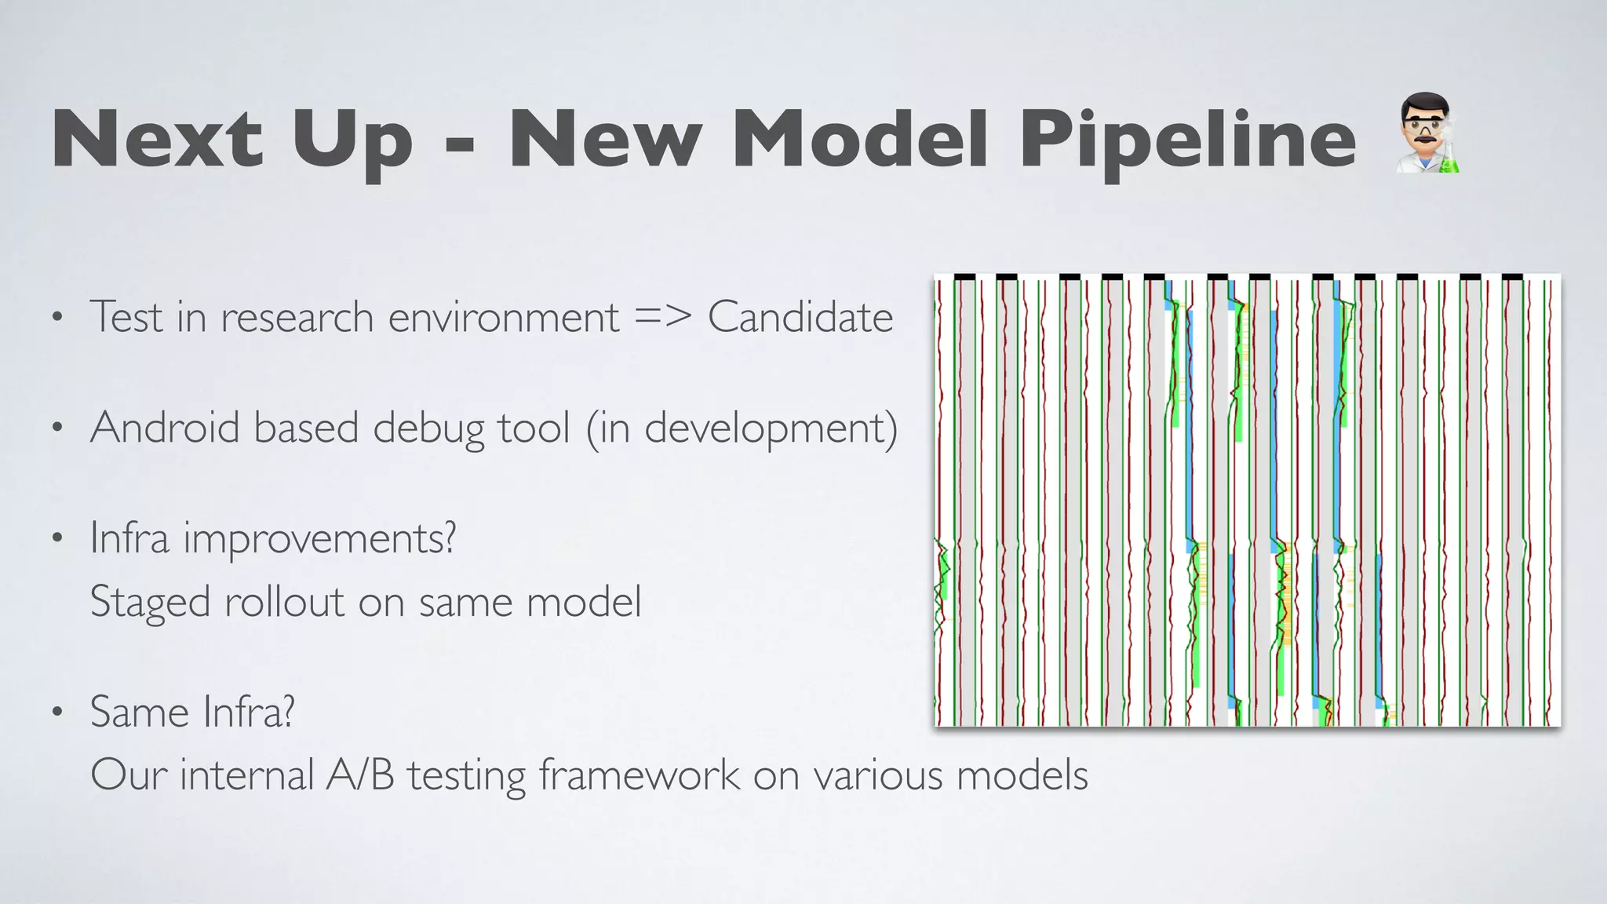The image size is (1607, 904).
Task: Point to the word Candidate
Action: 800,317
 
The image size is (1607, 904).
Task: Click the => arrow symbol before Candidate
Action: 663,317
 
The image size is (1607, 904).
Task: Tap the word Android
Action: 165,428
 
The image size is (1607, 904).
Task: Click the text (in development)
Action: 742,428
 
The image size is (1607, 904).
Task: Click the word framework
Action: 639,775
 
